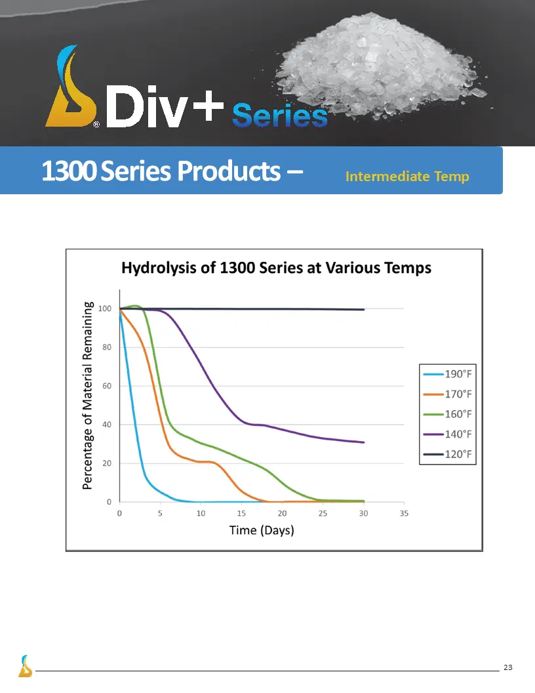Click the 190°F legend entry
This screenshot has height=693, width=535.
pos(448,374)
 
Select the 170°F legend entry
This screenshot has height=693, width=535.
pos(448,394)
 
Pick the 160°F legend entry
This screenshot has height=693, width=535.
pos(448,414)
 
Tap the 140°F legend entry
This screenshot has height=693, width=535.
pos(448,434)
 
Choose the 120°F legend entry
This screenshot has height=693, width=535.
pos(448,454)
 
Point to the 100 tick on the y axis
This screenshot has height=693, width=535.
pos(105,308)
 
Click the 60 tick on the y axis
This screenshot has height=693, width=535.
pos(107,386)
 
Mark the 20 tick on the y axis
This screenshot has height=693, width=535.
pos(107,463)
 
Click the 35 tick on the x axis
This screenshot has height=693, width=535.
pos(404,513)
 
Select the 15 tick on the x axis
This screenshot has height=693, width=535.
pos(241,513)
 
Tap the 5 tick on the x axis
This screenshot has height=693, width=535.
pos(160,513)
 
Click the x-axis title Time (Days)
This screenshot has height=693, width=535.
pos(262,530)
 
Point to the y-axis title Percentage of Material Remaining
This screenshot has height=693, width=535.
pos(87,396)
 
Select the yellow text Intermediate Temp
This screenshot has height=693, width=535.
pos(407,177)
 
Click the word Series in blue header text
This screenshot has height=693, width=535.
pos(280,115)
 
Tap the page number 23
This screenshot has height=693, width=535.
pos(508,667)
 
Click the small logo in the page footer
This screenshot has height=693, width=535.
pos(25,666)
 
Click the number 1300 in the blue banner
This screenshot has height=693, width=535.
pos(69,171)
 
